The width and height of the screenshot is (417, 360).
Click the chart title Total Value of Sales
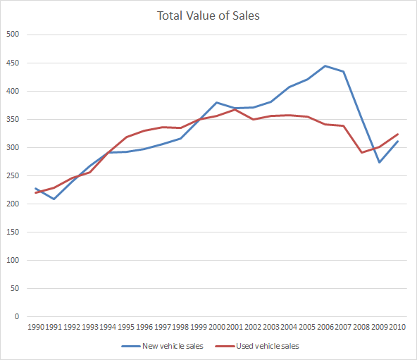[x=208, y=15]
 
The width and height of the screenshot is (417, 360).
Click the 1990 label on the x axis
[x=35, y=327]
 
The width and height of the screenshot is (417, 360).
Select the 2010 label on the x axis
[x=399, y=327]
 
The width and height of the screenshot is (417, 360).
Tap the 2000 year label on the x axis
[x=217, y=327]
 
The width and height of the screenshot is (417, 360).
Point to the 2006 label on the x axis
[x=326, y=327]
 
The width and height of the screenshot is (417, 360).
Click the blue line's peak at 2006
[x=325, y=66]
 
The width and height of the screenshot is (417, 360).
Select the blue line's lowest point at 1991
[x=54, y=199]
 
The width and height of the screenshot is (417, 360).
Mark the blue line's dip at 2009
[x=380, y=162]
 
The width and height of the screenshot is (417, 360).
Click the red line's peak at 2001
[x=235, y=109]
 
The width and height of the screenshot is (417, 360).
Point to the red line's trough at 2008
[x=361, y=152]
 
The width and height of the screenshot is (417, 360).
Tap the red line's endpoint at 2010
[x=398, y=134]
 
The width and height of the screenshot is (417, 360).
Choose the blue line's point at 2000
[x=216, y=102]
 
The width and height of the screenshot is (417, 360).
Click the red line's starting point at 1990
[x=35, y=192]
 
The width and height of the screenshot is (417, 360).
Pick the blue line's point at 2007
[x=343, y=71]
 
